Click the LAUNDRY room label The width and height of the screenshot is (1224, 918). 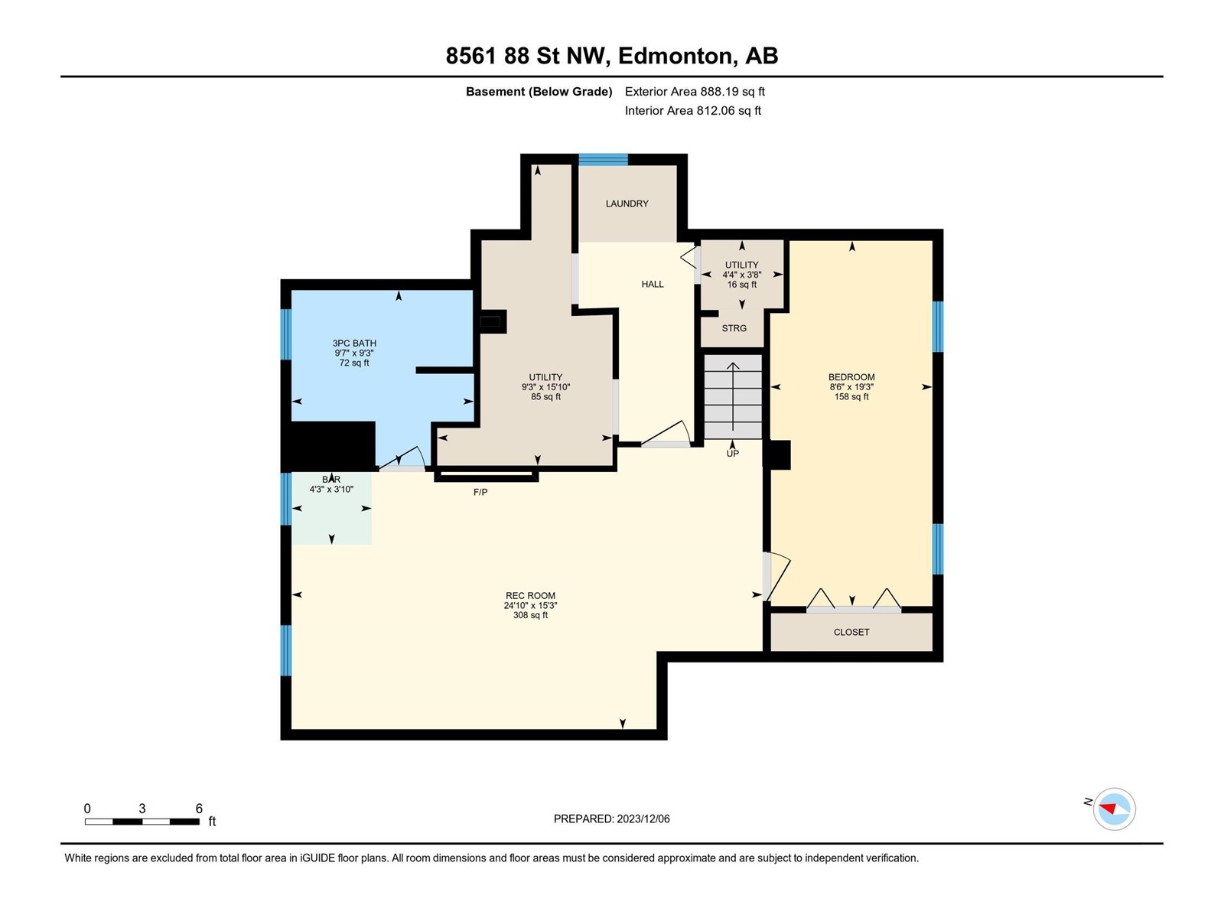click(627, 203)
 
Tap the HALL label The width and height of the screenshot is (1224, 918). click(652, 284)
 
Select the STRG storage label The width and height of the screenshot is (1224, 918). click(734, 328)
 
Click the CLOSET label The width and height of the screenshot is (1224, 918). click(851, 632)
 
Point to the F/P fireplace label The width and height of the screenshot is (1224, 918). click(480, 492)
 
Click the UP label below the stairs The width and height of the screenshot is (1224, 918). click(732, 453)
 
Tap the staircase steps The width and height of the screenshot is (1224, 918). click(733, 396)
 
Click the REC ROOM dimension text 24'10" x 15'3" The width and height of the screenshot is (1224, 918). click(530, 605)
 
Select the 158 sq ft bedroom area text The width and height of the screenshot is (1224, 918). click(851, 396)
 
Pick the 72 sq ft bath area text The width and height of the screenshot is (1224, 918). click(354, 363)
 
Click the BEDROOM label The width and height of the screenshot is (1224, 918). click(851, 377)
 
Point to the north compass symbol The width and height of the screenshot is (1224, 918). click(1114, 809)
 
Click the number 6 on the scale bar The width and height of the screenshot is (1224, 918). click(198, 808)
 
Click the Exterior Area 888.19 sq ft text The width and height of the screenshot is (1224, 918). click(695, 91)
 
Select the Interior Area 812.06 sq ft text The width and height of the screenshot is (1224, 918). click(692, 110)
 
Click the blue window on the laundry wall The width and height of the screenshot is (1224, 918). click(603, 159)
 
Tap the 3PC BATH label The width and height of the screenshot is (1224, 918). click(354, 343)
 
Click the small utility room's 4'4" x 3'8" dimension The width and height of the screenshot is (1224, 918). click(741, 274)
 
